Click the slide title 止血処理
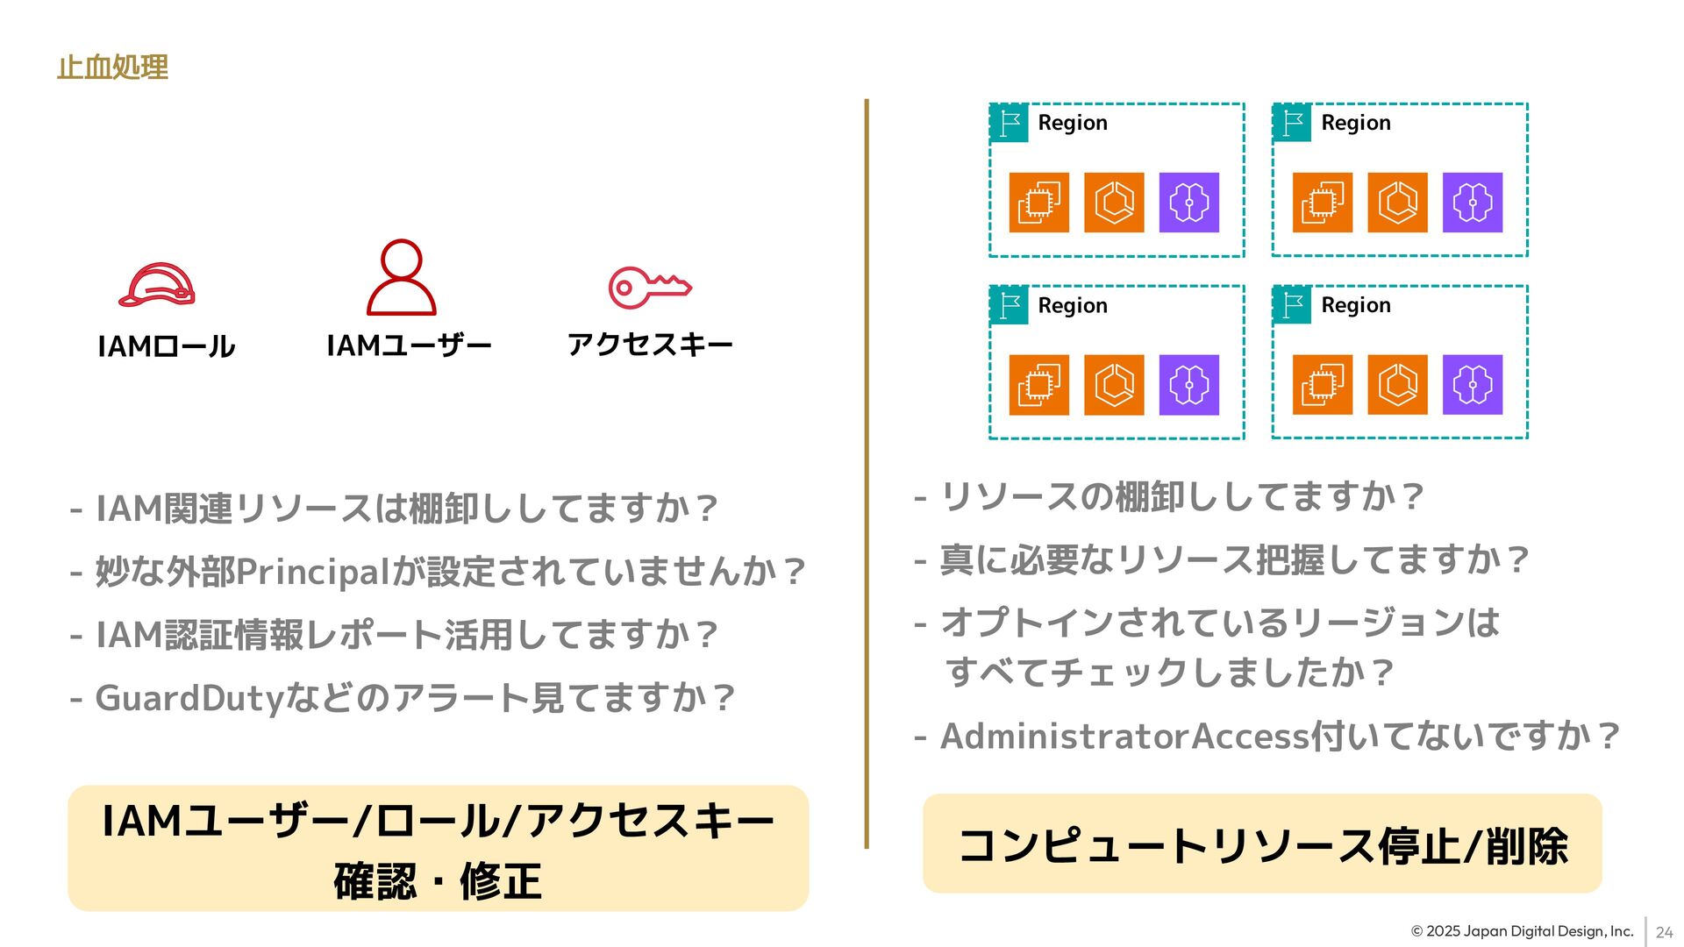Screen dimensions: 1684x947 point(112,68)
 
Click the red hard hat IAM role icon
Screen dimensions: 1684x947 point(157,285)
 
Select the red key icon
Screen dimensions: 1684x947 point(650,287)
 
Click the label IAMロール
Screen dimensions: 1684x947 point(166,346)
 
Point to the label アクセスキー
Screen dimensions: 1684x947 point(650,345)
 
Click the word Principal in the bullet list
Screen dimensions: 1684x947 point(313,572)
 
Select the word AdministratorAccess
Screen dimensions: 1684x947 point(1124,737)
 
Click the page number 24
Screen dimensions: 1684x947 point(1664,933)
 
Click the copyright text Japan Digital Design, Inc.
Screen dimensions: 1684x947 point(1522,931)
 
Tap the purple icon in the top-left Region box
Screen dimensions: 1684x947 point(1188,203)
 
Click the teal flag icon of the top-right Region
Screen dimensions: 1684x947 point(1292,123)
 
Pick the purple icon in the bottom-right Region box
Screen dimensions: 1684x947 point(1472,385)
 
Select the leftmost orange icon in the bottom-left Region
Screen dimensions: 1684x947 point(1038,385)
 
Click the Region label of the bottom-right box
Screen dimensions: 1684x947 point(1356,305)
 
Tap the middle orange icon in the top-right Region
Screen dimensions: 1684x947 point(1397,203)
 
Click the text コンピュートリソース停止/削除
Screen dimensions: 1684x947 point(1262,846)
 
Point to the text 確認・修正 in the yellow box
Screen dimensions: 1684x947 point(438,880)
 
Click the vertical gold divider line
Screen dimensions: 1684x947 point(867,473)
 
